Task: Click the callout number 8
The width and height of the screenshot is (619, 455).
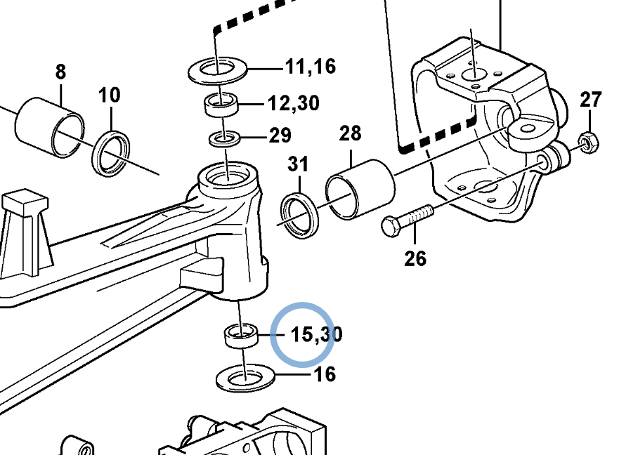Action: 60,72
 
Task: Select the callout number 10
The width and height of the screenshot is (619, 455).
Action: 110,95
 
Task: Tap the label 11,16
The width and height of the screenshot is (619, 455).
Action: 311,66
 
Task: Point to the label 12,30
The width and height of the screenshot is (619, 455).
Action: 294,103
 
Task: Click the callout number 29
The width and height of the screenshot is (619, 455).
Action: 280,136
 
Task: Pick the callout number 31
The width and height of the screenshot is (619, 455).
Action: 298,164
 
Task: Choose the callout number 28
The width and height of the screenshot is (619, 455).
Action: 350,133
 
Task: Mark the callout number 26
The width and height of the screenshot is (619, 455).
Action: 415,258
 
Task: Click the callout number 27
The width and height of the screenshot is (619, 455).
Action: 591,100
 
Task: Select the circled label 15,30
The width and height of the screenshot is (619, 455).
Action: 317,334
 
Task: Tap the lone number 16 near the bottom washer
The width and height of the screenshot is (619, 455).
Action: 325,374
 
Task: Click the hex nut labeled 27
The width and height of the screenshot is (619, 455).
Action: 588,143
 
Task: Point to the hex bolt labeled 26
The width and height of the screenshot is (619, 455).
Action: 408,220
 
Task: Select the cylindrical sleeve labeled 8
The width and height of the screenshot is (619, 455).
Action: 50,128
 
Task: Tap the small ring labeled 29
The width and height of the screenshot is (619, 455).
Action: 225,139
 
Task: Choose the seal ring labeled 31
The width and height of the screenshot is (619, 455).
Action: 300,215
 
